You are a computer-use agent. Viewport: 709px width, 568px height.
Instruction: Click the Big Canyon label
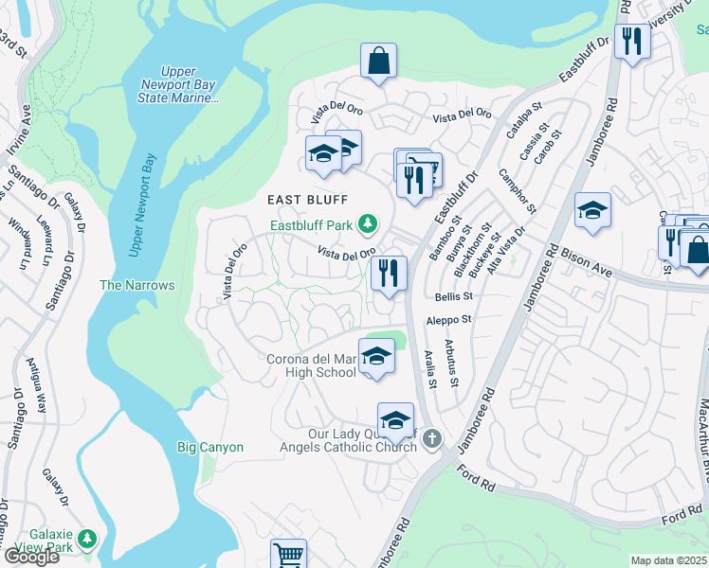point(210,447)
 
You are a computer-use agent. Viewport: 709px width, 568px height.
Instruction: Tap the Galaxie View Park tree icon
point(87,538)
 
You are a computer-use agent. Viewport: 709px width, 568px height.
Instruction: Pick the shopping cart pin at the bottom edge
point(288,556)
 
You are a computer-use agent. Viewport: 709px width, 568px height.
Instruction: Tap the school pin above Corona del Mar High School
point(376,357)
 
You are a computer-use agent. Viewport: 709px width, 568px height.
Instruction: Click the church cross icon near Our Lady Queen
point(432,438)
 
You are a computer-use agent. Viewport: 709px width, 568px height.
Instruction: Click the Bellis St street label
point(453,297)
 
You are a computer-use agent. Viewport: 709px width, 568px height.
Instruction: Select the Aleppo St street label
point(448,321)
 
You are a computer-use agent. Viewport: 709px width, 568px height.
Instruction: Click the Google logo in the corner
point(31,556)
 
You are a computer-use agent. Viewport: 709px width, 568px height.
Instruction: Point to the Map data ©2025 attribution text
point(669,560)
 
